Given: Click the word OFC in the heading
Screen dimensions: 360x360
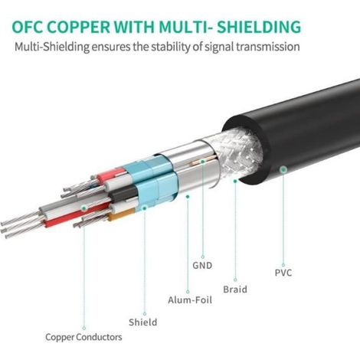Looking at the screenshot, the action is pos(27,27).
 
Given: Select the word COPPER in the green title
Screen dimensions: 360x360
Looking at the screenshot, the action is pos(79,27).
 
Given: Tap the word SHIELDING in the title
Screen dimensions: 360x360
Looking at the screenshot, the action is pos(259,27).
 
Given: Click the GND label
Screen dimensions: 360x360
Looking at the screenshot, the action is pos(202,266).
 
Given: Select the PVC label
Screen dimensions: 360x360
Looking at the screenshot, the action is pos(283,273).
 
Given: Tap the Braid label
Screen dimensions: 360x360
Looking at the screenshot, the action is pos(235,290).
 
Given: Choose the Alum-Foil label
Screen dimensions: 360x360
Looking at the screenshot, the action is pos(190,299).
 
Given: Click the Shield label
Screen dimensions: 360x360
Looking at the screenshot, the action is pos(143,322).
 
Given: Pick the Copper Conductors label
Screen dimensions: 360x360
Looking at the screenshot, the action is pos(83,337).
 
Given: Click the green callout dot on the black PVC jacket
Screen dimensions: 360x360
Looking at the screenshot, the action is pos(283,169).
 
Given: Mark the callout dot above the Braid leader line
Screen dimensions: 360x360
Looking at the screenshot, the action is pos(235,181).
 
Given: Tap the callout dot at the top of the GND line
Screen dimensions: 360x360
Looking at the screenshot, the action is pos(202,162).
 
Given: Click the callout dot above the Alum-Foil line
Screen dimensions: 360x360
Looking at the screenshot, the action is pos(188,197).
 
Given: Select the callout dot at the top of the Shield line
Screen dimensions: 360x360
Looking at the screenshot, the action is pos(145,208).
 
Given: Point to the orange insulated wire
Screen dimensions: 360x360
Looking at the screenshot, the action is pos(121,214).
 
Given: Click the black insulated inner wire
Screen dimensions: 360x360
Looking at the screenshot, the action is pos(124,194).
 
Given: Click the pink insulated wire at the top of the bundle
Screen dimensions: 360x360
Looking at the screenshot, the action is pos(113,175).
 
